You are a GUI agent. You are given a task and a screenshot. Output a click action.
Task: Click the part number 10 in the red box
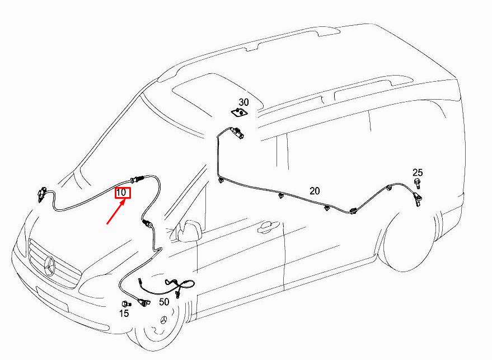click(x=121, y=192)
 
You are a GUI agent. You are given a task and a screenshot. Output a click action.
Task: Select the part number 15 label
click(x=124, y=313)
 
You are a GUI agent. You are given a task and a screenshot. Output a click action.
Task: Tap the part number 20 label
click(x=315, y=191)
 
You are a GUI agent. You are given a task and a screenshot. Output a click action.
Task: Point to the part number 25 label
click(x=418, y=172)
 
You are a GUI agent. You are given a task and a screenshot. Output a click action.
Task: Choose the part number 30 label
click(x=244, y=102)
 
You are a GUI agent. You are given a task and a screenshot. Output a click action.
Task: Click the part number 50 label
click(x=164, y=302)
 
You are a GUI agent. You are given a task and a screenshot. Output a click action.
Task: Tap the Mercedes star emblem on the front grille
click(x=50, y=266)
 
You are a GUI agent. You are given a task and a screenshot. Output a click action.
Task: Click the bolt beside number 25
click(x=418, y=183)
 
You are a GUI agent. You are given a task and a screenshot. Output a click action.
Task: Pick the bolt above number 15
click(x=126, y=304)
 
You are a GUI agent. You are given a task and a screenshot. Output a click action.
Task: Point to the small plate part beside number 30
click(x=239, y=112)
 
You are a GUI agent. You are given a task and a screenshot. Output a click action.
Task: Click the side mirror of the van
click(x=189, y=231)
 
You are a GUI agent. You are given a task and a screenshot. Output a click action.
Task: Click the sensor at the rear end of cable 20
click(x=418, y=200)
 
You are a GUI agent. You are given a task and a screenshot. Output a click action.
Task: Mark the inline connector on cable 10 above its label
click(x=137, y=180)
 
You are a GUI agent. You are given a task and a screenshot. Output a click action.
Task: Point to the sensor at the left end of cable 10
click(x=43, y=194)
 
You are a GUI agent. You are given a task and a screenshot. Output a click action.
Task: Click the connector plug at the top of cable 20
click(x=237, y=132)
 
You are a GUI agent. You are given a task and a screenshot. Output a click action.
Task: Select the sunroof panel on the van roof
click(x=217, y=92)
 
